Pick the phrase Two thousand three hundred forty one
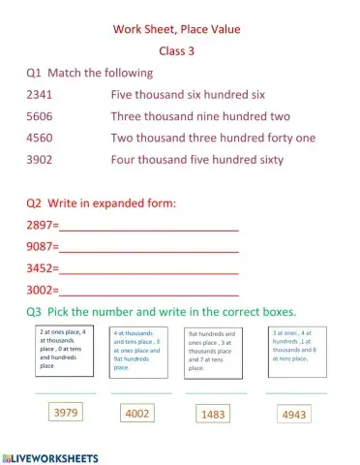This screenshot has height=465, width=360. [x=213, y=138]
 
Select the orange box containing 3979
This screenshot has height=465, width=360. [x=66, y=413]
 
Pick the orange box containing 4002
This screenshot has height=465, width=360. [x=137, y=414]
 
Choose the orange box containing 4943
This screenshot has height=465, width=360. [x=292, y=415]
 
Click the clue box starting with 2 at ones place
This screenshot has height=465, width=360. [x=64, y=350]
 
